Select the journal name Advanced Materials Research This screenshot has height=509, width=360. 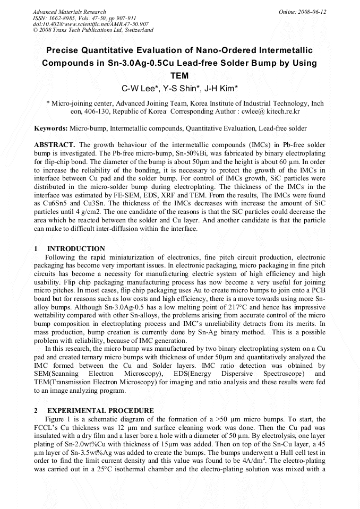pyautogui.click(x=69, y=12)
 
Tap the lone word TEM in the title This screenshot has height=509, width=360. pyautogui.click(x=179, y=75)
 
